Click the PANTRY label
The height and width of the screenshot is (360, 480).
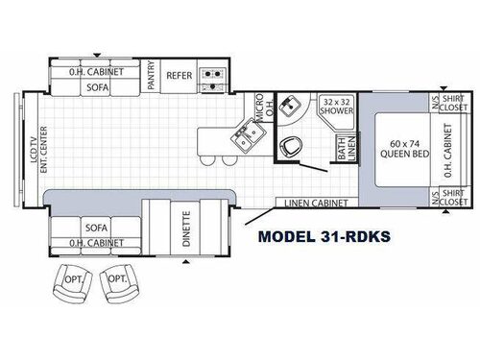(x=151, y=75)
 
